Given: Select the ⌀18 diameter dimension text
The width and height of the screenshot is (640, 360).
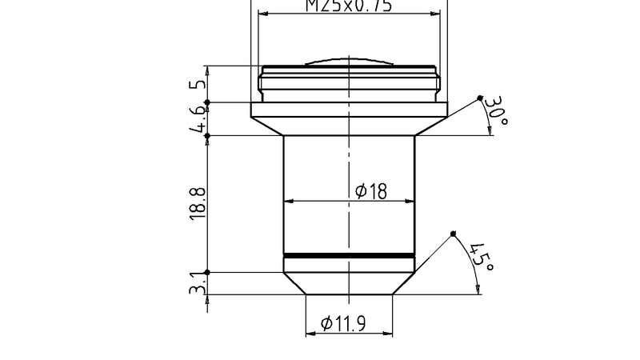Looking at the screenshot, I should pos(370,191).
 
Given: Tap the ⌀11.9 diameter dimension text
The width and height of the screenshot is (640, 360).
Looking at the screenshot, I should pos(343,324).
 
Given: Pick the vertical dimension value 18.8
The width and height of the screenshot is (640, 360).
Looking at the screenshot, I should pos(198,204).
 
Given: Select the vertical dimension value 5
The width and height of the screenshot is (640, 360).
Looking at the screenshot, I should pos(198,83).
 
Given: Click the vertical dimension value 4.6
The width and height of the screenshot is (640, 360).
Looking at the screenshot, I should pos(198,119).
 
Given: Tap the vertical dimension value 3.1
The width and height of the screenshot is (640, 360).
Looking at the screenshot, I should pos(198,283).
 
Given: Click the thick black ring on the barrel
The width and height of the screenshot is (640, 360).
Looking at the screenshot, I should pos(349,256).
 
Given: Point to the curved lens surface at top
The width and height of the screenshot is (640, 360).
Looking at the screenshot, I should pos(349,61).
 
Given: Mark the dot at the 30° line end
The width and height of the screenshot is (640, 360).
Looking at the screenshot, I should pos(480,98).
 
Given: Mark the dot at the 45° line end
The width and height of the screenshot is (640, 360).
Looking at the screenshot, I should pos(453,233).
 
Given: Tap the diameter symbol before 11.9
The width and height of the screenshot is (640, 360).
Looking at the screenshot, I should pos(326,324).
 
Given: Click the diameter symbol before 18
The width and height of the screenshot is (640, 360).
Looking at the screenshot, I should pos(360,191).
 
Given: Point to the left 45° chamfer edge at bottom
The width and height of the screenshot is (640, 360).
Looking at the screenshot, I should pos(295,284).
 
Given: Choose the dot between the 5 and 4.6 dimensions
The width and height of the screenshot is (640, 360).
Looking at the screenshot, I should pos(206,102).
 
